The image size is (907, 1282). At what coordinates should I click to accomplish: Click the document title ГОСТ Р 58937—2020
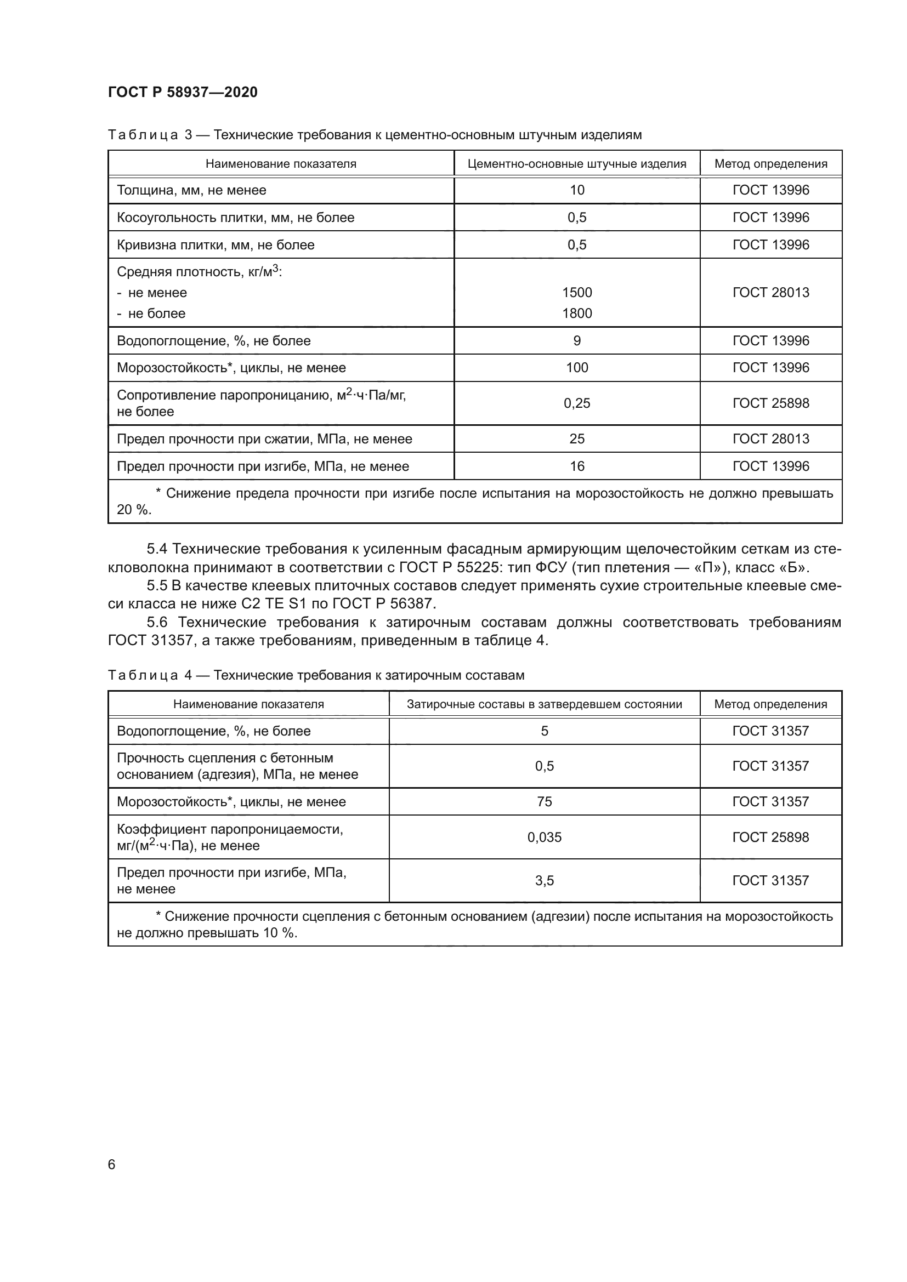183,92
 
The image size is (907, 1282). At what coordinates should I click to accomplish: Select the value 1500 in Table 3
577,293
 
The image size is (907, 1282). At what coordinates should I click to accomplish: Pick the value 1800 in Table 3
577,314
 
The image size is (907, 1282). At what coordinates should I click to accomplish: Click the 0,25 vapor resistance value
577,403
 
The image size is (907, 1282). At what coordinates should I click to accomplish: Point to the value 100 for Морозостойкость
577,367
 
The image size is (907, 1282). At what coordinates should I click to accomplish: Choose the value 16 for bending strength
577,466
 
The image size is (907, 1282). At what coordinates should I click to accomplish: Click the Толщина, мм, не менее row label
191,190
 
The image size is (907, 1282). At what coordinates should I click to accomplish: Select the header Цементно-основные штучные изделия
577,163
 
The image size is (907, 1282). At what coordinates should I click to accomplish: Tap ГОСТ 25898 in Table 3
770,403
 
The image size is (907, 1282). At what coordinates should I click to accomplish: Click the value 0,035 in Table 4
545,837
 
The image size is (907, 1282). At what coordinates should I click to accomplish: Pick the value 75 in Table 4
545,802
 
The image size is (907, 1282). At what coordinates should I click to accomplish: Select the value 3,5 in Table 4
545,881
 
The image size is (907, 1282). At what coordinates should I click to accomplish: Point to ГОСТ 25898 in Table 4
770,837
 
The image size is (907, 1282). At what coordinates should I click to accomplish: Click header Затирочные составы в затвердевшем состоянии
545,704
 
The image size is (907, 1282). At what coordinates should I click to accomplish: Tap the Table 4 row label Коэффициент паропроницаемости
230,829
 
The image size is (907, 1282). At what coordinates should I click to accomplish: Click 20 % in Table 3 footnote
133,510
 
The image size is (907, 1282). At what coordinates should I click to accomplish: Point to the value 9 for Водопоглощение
577,340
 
